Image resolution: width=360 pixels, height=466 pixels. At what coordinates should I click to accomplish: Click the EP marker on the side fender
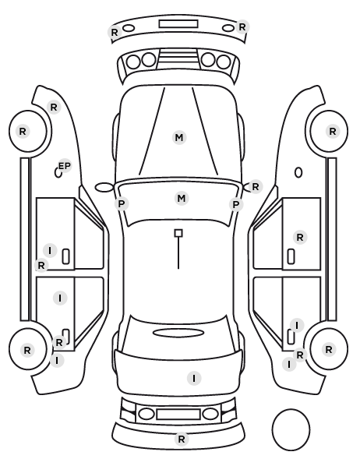[x=65, y=166]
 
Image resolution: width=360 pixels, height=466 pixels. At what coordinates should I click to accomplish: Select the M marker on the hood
[x=179, y=138]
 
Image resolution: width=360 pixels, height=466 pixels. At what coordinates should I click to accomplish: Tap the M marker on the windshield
[x=181, y=198]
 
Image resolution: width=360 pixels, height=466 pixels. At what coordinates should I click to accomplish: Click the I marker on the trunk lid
[x=194, y=378]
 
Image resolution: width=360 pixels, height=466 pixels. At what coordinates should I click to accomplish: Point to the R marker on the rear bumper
[x=182, y=439]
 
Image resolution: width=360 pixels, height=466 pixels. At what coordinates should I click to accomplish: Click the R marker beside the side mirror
[x=256, y=187]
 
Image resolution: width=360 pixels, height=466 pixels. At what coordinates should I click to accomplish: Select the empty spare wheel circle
[x=291, y=429]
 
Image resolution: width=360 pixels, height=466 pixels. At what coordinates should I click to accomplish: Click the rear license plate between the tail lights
[x=178, y=414]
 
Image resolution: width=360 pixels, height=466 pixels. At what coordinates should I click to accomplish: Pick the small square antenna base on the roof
[x=178, y=233]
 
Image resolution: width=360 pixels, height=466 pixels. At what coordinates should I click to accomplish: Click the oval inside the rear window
[x=178, y=333]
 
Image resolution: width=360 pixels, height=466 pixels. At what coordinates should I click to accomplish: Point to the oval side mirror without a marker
[x=104, y=187]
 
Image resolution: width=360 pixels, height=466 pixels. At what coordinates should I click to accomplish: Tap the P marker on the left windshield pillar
[x=122, y=204]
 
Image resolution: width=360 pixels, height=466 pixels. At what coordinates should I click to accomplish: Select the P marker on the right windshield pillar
[x=236, y=204]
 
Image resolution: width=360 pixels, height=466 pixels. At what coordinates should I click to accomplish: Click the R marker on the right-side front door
[x=300, y=237]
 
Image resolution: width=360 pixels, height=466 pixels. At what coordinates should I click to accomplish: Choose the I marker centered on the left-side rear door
[x=60, y=298]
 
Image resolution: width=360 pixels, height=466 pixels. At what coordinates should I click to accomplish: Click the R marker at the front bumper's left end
[x=115, y=32]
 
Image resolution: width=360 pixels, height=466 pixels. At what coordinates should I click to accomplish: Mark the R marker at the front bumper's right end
[x=242, y=27]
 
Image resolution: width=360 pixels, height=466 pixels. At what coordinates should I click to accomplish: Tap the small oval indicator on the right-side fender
[x=298, y=173]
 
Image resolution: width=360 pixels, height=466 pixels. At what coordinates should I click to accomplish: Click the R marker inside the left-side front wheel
[x=23, y=131]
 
